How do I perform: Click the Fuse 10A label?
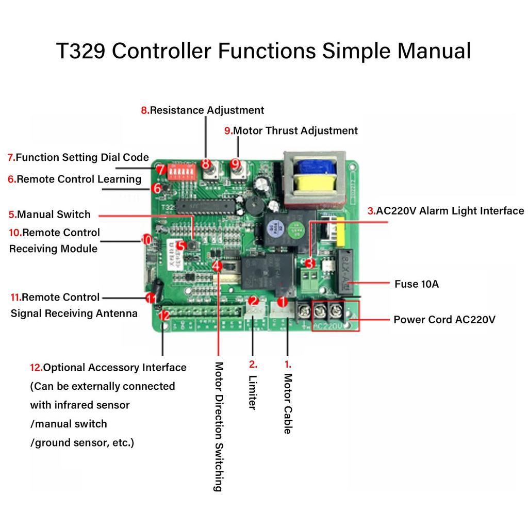click(x=417, y=284)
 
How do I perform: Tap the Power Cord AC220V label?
click(x=444, y=320)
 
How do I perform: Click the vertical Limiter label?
click(x=252, y=392)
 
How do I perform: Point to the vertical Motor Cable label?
click(x=288, y=403)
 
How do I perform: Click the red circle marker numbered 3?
click(x=309, y=263)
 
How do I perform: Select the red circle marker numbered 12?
click(x=164, y=315)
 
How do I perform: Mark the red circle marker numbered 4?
click(x=218, y=266)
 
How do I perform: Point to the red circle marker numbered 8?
click(x=207, y=164)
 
